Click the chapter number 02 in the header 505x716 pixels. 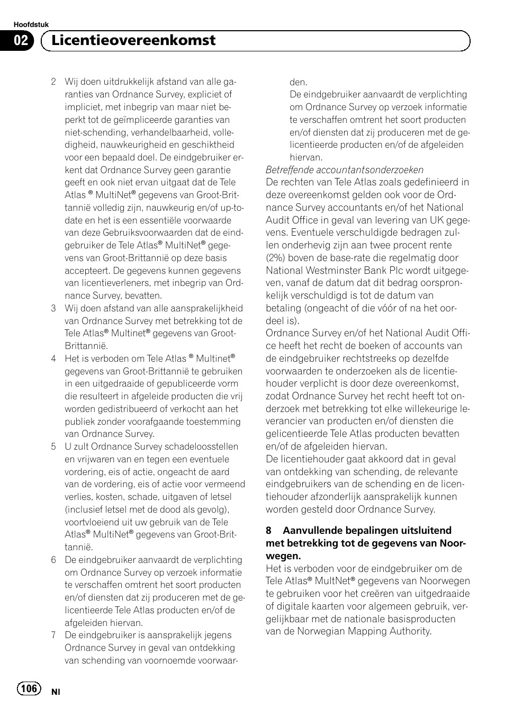pos(21,41)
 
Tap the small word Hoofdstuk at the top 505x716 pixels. pos(31,25)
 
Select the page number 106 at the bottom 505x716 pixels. pos(29,688)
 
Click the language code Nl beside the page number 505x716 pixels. pos(56,692)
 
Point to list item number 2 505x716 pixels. pos(53,82)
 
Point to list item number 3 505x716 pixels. pos(53,309)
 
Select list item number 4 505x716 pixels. pos(53,359)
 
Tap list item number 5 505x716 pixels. pos(53,447)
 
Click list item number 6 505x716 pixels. pos(53,560)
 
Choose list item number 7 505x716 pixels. pos(53,636)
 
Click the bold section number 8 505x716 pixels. pos(269,531)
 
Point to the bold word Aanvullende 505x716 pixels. pos(314,531)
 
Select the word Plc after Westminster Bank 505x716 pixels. pos(399,271)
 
